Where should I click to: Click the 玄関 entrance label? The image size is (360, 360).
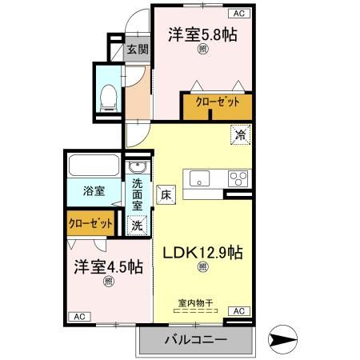(x=137, y=49)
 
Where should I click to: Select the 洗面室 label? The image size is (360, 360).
(x=137, y=194)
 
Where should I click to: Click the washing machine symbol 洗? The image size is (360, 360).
(x=137, y=226)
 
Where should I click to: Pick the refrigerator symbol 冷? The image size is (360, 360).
(x=239, y=135)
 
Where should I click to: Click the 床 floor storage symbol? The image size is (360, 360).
(x=166, y=193)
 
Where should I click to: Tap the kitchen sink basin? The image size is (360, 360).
(x=199, y=178)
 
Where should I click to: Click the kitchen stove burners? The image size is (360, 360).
(x=238, y=178)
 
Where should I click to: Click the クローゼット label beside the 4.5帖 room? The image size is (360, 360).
(x=90, y=224)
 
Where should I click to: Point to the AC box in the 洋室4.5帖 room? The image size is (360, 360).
(x=79, y=317)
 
